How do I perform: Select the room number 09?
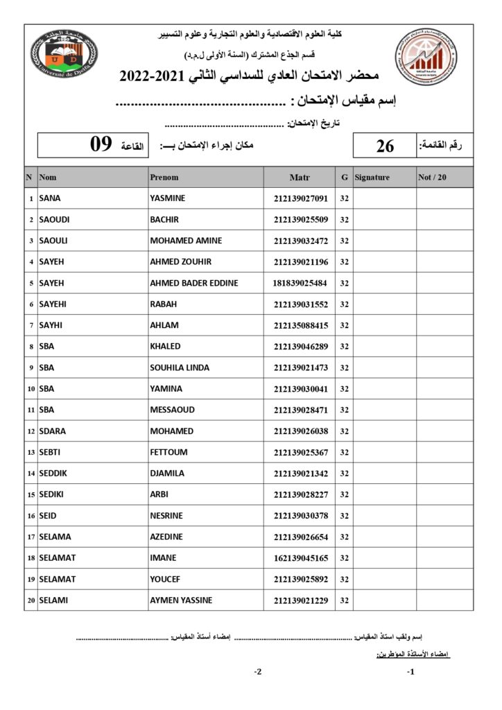tap(101, 145)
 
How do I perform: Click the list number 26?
tap(385, 146)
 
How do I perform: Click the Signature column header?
tap(372, 177)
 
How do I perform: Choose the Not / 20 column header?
tap(433, 177)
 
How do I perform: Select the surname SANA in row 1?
tap(50, 198)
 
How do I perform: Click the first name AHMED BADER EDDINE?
tap(194, 283)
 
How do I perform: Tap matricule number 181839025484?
tap(300, 283)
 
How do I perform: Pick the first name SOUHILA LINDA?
tap(180, 367)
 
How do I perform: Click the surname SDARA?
tap(53, 431)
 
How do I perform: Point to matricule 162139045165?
tap(300, 558)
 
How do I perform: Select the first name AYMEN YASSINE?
tap(181, 600)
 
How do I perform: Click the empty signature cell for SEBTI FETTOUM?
tap(385, 452)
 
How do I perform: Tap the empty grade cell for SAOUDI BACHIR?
tap(444, 220)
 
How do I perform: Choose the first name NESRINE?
tap(168, 516)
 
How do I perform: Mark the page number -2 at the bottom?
tap(257, 672)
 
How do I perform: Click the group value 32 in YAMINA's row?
tap(345, 389)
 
